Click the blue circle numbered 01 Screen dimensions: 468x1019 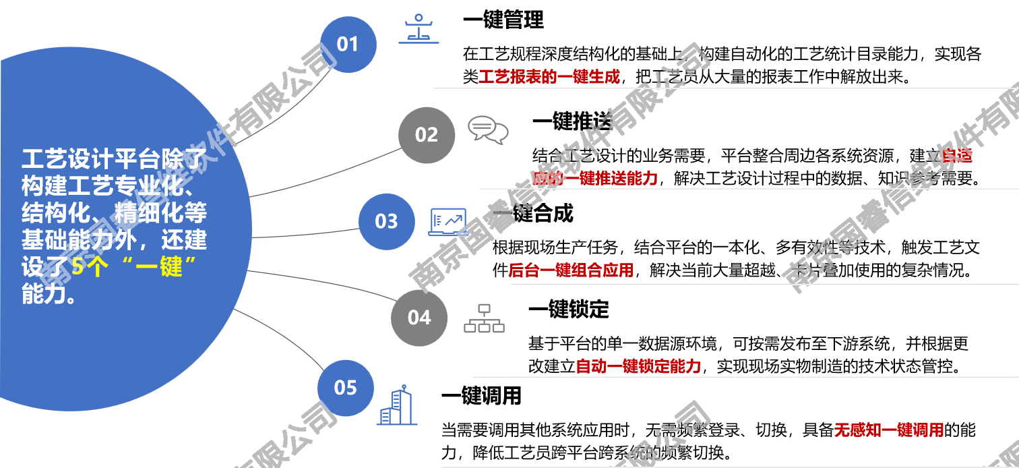coord(348,45)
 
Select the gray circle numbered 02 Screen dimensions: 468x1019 coord(427,135)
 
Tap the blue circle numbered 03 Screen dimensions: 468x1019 coord(386,221)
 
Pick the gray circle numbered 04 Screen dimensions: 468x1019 coord(419,318)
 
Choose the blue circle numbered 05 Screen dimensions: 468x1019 coord(346,388)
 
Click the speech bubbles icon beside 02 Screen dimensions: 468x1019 coord(488,129)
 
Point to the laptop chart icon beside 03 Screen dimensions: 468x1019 coord(448,222)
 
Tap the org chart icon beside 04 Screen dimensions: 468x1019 coord(484,318)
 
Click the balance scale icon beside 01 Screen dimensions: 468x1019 coord(419,29)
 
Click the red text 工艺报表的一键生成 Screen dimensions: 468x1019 coord(549,77)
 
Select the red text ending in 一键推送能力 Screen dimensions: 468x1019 coord(594,179)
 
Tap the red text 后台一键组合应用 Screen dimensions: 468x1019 coord(571,271)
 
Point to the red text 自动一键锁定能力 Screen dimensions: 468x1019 coord(638,367)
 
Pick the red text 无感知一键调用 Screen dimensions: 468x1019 coord(888,430)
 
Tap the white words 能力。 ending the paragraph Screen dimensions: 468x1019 coord(49,295)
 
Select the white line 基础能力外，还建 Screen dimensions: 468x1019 coord(114,240)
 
